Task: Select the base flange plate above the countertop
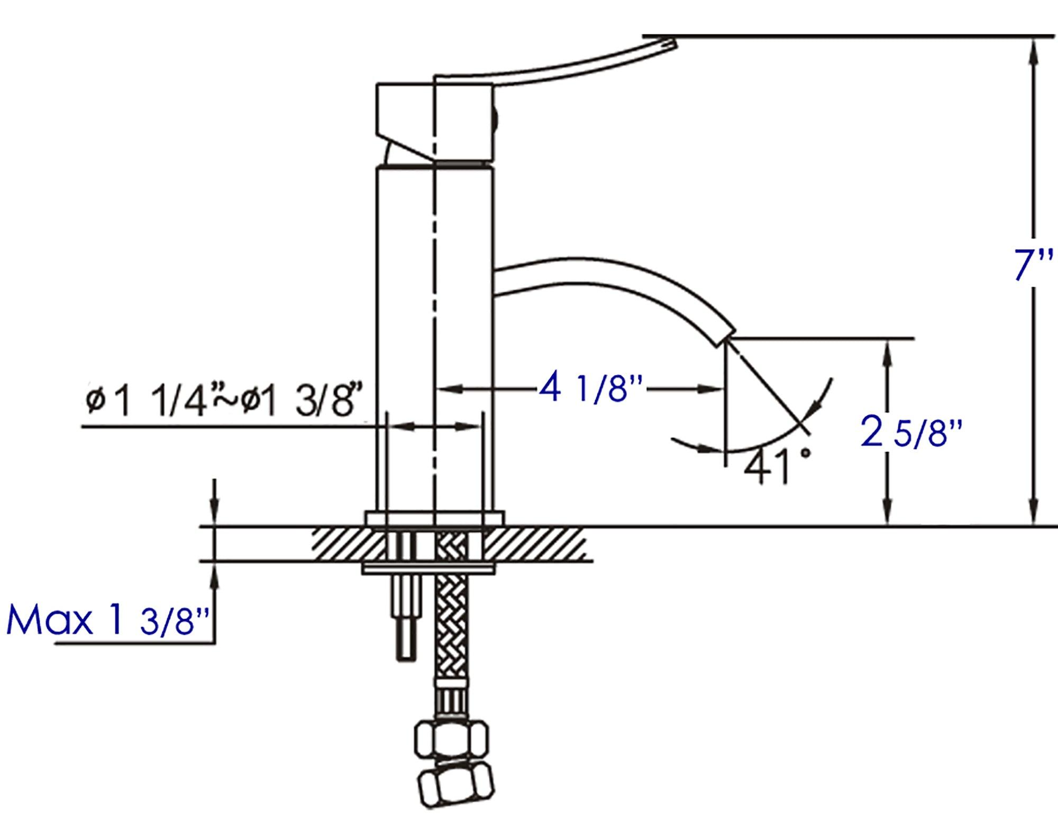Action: tap(433, 519)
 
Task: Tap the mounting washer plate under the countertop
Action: tap(428, 569)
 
